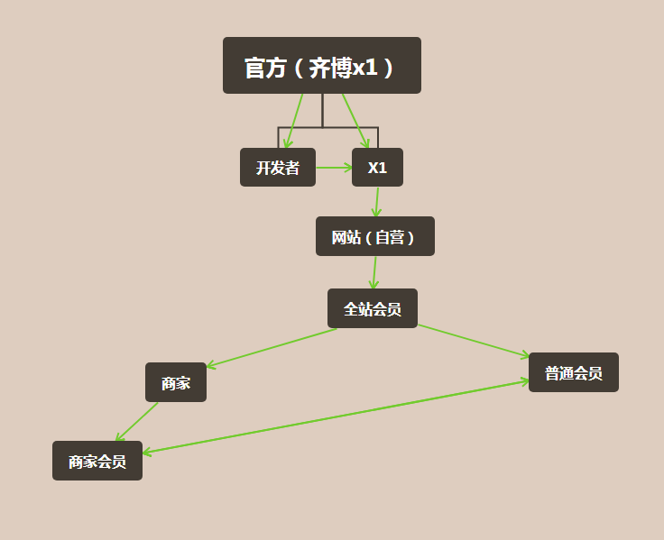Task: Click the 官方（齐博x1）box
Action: tap(321, 66)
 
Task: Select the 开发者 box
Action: tap(278, 168)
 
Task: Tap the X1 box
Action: tap(377, 168)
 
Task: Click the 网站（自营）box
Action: tap(375, 236)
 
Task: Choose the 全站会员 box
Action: tap(373, 308)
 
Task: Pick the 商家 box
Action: tap(176, 382)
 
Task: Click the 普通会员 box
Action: tap(574, 372)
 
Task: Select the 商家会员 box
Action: tap(97, 461)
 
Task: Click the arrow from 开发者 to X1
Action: tap(334, 167)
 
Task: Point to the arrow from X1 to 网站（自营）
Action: tap(377, 201)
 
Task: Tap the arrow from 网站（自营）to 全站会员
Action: tap(374, 272)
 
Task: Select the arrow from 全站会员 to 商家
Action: tap(271, 348)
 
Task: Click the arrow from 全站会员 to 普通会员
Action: tap(474, 341)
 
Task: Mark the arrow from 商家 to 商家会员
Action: tap(137, 421)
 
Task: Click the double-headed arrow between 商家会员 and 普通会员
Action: tap(336, 416)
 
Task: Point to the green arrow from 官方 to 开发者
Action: tap(295, 121)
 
